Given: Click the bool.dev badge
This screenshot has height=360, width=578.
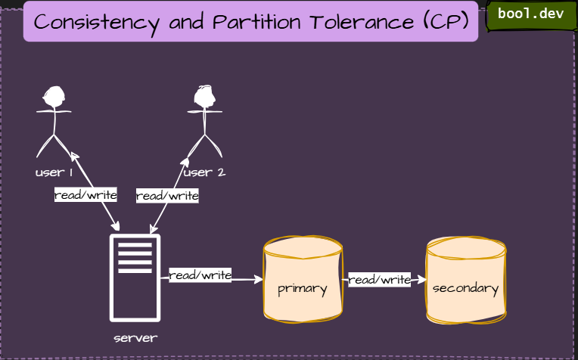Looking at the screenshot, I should (x=530, y=14).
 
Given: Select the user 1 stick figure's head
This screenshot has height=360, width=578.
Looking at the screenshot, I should (x=54, y=96).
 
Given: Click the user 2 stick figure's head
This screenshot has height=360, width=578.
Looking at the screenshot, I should (x=204, y=95).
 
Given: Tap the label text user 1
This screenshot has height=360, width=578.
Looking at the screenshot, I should (x=54, y=172).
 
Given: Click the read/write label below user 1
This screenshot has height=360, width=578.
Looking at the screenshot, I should (x=85, y=195).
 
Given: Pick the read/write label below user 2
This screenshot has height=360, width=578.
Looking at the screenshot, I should (x=167, y=196).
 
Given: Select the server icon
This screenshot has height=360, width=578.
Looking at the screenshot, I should (x=135, y=278).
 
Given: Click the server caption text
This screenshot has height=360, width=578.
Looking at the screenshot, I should (x=135, y=338).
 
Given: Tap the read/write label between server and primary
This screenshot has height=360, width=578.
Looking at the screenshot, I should (x=200, y=275).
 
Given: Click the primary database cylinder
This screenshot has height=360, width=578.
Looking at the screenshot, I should (x=303, y=280).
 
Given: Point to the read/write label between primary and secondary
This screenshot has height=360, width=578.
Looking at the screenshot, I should (x=379, y=280).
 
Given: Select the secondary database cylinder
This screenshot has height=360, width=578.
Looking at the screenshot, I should (x=465, y=280).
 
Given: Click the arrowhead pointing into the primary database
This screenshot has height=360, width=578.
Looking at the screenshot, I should (x=259, y=280).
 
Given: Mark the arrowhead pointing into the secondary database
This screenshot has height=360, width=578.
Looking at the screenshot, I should (x=422, y=280).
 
